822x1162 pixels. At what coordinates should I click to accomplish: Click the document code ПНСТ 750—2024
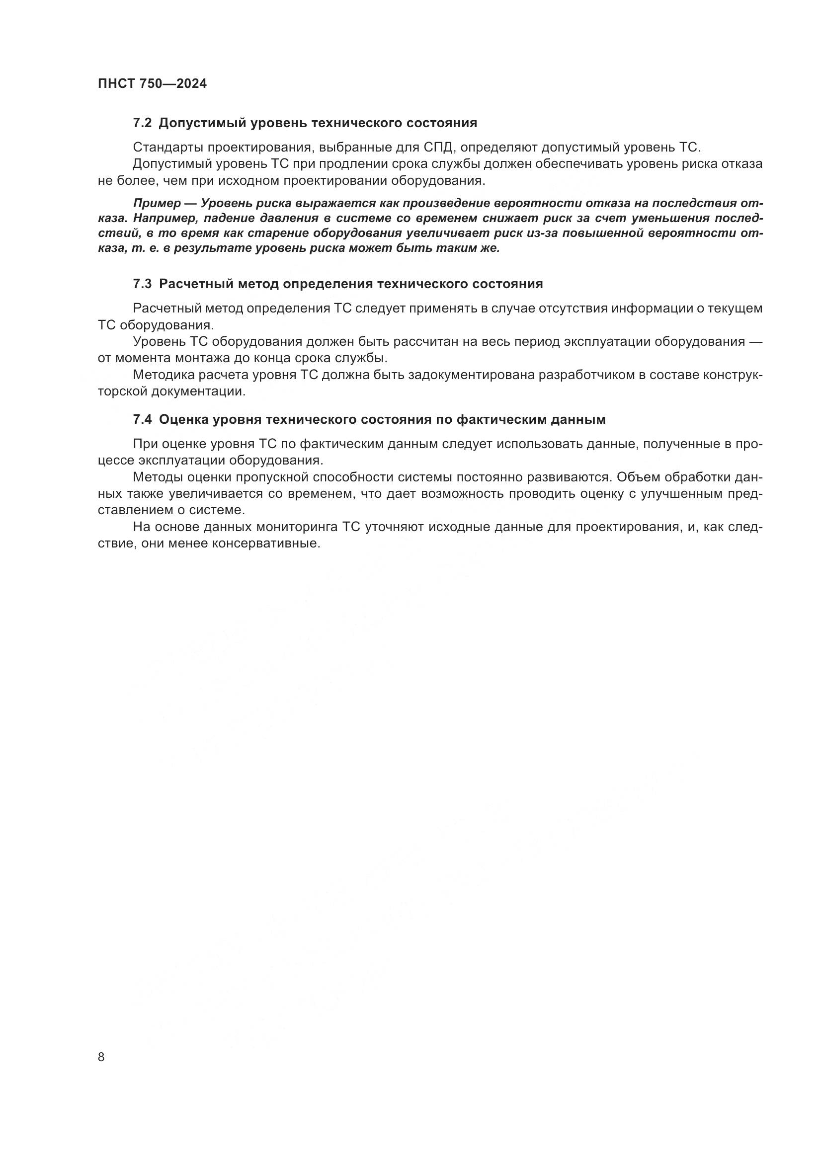point(153,83)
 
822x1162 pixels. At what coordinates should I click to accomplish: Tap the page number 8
point(101,1057)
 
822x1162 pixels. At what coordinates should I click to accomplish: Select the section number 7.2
point(142,123)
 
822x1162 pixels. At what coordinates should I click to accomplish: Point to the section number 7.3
point(142,284)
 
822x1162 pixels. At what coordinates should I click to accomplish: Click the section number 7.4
point(142,420)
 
